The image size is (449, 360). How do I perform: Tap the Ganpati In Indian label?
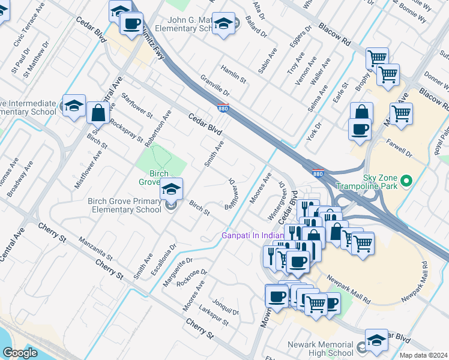tap(253, 235)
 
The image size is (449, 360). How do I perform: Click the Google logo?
tap(20, 353)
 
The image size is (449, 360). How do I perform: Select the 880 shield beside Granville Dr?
tap(222, 106)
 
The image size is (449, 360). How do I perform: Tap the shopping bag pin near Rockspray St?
tap(98, 112)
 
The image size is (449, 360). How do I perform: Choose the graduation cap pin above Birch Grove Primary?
tap(171, 188)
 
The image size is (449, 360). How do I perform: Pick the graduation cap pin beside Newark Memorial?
tap(376, 340)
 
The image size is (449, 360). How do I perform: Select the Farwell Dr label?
tap(400, 149)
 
